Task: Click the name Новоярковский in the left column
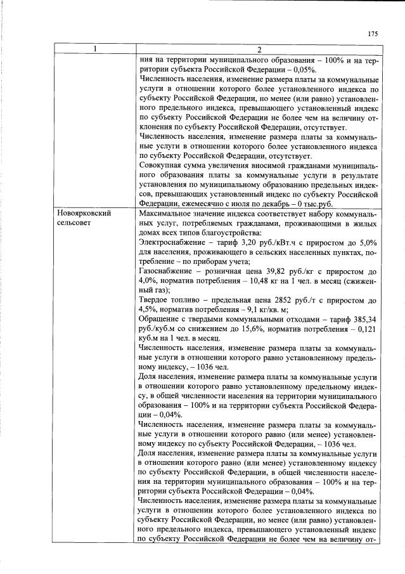[84, 214]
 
